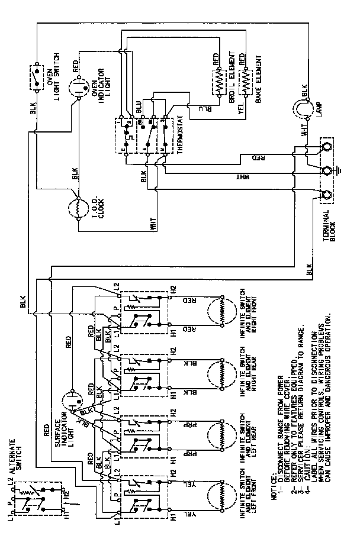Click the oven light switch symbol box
tap(37, 76)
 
